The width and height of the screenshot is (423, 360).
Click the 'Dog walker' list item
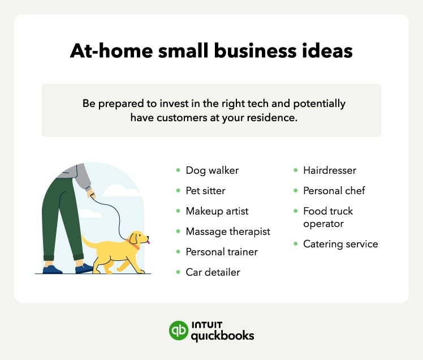(212, 170)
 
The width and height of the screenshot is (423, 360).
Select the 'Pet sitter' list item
(205, 191)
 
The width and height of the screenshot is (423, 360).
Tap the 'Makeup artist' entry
(217, 211)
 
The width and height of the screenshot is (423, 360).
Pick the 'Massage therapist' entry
(228, 232)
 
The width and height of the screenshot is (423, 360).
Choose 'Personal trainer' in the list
(222, 252)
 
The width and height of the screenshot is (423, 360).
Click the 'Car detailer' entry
(213, 272)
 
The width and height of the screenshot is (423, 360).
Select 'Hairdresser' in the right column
(330, 170)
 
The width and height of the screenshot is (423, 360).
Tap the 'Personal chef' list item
(334, 191)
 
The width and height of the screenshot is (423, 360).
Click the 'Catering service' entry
(340, 245)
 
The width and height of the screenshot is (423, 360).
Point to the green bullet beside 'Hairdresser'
(295, 170)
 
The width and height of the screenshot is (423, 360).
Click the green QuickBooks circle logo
(179, 331)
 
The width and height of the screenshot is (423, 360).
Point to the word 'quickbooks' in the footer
(222, 336)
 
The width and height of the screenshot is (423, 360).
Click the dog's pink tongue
(148, 242)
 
